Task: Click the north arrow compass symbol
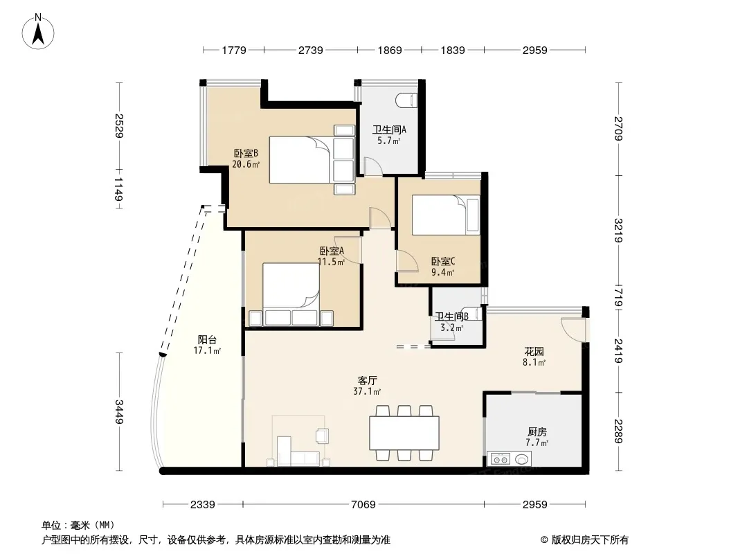(38, 32)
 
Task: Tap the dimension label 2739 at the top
(311, 50)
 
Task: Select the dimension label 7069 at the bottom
(363, 505)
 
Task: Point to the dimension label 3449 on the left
(119, 411)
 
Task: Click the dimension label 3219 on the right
(618, 230)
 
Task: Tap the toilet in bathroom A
(406, 100)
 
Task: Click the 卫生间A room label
(389, 129)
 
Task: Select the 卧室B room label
(246, 154)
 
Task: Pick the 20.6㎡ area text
(246, 164)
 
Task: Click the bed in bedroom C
(446, 215)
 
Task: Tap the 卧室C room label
(443, 261)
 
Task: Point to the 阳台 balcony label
(207, 339)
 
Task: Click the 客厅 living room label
(367, 380)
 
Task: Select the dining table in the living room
(404, 433)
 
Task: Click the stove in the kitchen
(501, 458)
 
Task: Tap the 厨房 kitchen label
(537, 431)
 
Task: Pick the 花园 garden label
(534, 351)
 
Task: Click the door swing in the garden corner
(573, 329)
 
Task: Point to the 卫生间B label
(451, 316)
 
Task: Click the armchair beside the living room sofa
(322, 436)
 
